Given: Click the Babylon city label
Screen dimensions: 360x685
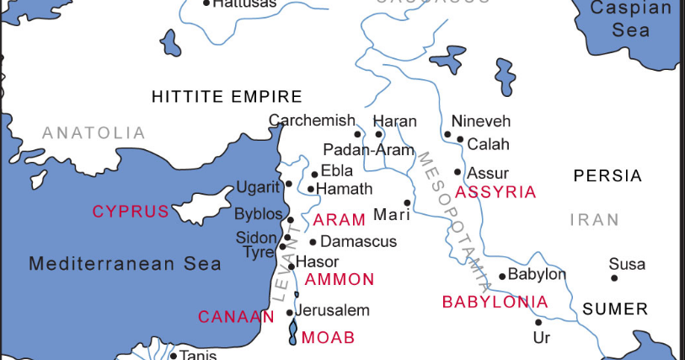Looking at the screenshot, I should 538,274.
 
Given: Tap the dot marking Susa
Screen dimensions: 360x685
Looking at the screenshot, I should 614,278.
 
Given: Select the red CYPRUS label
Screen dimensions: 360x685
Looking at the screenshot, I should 131,212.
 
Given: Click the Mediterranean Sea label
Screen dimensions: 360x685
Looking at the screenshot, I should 126,264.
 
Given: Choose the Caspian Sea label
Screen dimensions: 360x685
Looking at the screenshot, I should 631,19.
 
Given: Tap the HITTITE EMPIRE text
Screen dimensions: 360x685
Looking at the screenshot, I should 227,97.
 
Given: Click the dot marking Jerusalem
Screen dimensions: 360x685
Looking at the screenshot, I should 290,313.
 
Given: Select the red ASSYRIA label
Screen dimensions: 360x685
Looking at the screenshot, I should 495,192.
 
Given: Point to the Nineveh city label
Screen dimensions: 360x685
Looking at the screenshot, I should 481,121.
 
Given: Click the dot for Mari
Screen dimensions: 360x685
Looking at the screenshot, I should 407,202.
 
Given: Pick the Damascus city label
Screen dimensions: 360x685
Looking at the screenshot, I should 359,242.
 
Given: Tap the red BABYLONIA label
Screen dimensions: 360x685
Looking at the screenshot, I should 495,302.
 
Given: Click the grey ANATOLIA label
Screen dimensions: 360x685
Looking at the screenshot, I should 94,133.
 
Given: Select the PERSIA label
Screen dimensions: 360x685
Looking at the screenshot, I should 607,176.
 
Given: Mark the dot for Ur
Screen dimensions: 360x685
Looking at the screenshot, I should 538,322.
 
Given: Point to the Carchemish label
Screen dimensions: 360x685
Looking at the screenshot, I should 312,121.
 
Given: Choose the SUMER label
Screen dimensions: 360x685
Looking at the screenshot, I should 615,309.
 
